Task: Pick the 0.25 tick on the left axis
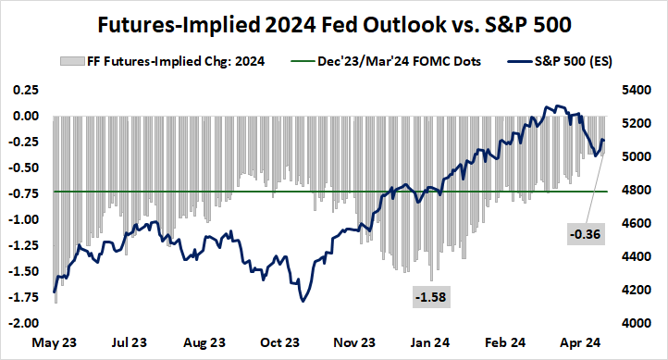25,90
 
